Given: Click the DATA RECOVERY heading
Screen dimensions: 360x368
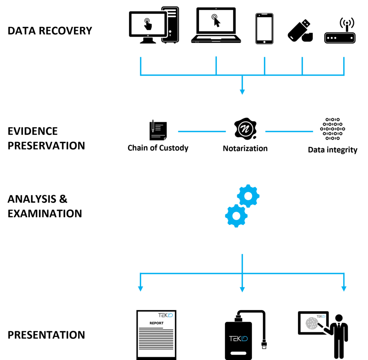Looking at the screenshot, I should [x=50, y=31].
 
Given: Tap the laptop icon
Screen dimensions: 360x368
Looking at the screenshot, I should [x=216, y=25].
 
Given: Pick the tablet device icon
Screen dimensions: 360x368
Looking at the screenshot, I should [x=264, y=29].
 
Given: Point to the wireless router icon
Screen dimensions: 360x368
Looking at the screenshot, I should [x=340, y=34].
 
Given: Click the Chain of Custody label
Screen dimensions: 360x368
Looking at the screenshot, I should [x=158, y=148].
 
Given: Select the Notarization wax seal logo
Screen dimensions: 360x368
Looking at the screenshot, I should [x=245, y=128].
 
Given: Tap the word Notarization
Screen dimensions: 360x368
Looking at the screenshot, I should [x=245, y=148].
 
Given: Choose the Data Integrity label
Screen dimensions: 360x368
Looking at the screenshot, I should [x=332, y=150].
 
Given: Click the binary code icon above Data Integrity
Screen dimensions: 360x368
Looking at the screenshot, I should [x=332, y=129].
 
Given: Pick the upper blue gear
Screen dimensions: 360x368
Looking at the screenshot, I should [x=248, y=196].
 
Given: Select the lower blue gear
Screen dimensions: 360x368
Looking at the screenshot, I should [x=236, y=216].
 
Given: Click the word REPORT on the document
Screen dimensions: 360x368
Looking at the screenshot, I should [x=156, y=323].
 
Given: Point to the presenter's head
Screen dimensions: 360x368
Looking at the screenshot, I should [x=339, y=318].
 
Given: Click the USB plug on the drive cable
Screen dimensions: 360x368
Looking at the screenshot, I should [x=264, y=345].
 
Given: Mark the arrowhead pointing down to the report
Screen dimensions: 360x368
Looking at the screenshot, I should [x=141, y=289].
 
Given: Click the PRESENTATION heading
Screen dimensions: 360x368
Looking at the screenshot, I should [x=46, y=335].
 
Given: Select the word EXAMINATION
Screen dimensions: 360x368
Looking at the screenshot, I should [x=45, y=213].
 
